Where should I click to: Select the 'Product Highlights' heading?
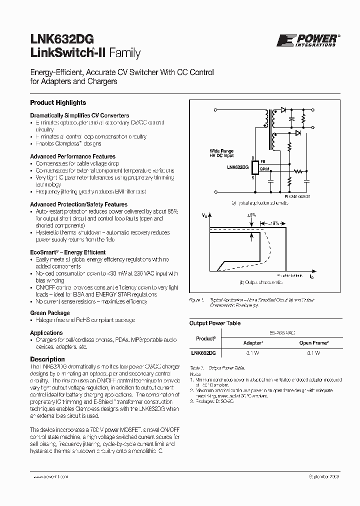[58, 102]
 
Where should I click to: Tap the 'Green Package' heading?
[50, 312]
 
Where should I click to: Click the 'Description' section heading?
[47, 359]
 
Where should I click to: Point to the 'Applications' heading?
[46, 332]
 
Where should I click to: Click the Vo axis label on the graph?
[204, 215]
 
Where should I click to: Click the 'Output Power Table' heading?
[214, 323]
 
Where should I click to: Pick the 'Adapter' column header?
[252, 343]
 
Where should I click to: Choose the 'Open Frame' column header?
[313, 343]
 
